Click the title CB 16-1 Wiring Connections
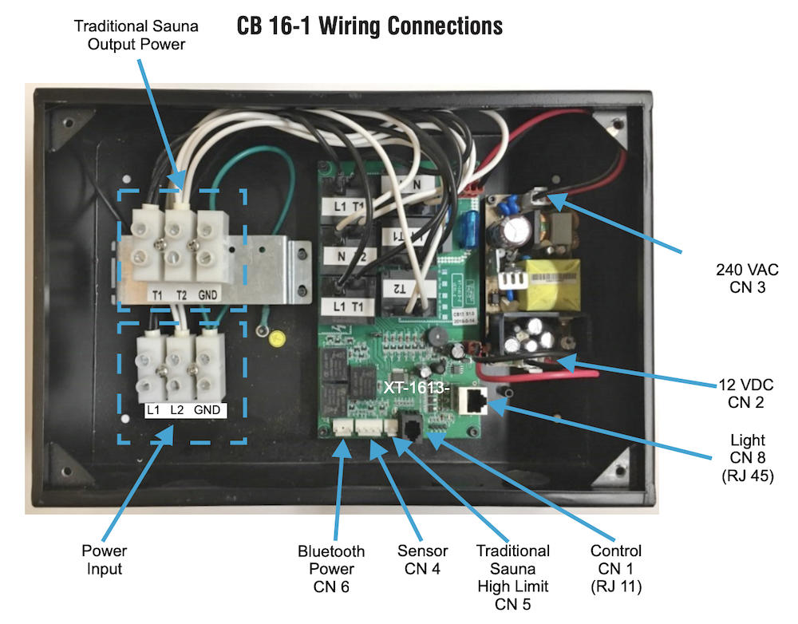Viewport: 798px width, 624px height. (369, 26)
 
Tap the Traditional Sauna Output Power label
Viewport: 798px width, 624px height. (136, 35)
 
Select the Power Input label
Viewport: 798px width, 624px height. (105, 559)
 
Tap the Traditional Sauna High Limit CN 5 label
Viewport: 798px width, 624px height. (512, 577)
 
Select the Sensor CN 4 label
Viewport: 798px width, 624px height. (422, 559)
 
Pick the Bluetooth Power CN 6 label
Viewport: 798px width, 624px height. (331, 568)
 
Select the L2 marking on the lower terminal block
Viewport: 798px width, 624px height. (177, 410)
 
